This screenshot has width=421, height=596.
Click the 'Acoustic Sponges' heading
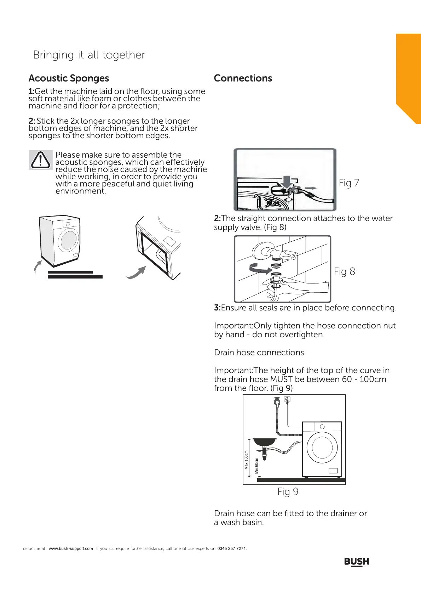[69, 78]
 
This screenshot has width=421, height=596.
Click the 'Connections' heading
[243, 78]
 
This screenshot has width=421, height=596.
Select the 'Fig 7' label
[349, 183]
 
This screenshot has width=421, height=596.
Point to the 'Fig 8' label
[344, 272]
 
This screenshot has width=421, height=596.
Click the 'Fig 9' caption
[288, 492]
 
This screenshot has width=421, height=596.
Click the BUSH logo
[357, 562]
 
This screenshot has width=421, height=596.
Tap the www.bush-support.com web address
[71, 549]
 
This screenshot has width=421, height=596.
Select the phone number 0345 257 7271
[232, 549]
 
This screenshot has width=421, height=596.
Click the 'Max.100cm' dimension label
[247, 460]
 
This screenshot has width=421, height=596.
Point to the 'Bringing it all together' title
[89, 55]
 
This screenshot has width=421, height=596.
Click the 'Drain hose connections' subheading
[259, 353]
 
